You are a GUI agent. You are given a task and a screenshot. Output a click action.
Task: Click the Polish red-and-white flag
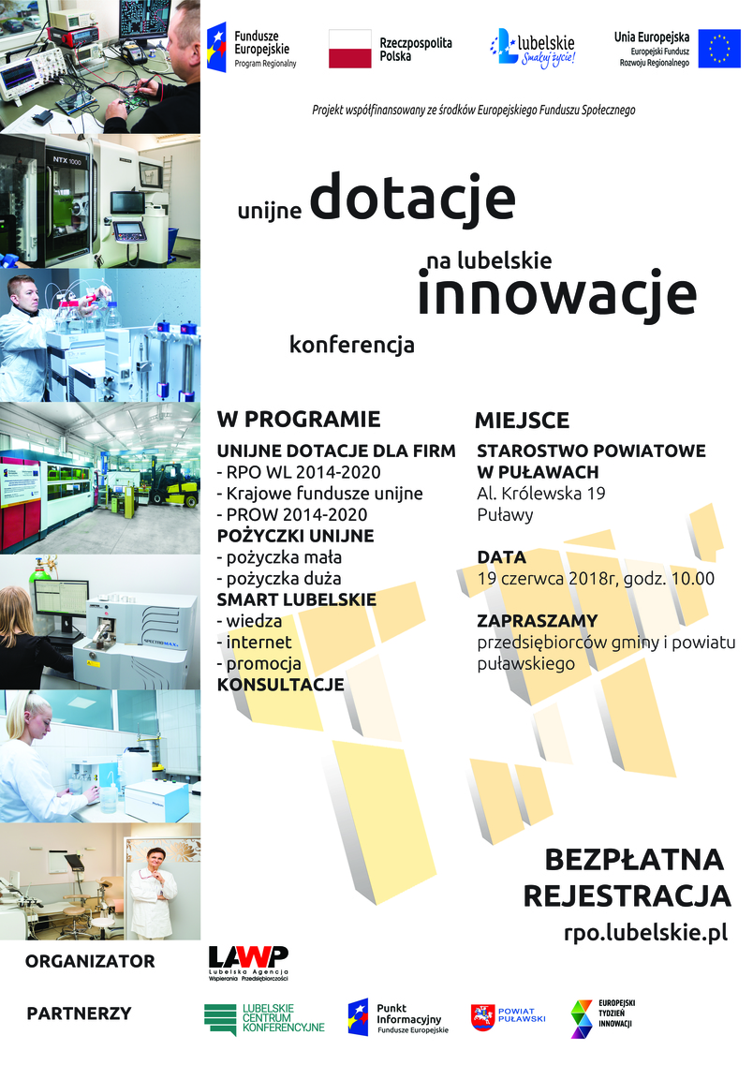[349, 49]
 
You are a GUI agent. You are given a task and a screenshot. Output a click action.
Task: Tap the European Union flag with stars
[719, 49]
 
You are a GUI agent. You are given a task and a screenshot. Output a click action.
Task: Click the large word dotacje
[413, 198]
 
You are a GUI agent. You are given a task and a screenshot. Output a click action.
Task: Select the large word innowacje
[556, 294]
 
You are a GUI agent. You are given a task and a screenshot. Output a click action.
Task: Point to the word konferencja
[352, 345]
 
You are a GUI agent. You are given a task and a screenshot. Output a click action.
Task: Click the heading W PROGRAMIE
[299, 419]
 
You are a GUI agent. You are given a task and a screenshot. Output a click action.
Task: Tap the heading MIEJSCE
[523, 421]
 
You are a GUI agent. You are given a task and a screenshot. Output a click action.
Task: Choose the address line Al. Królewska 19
[541, 493]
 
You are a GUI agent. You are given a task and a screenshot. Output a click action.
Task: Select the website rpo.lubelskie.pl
[645, 933]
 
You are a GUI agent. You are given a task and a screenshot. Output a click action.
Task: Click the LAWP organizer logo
[248, 963]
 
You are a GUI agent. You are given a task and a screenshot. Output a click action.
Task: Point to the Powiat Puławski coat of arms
[482, 1017]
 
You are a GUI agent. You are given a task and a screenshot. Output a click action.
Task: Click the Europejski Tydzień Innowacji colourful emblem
[582, 1019]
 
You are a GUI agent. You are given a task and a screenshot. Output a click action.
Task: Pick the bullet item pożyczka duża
[279, 579]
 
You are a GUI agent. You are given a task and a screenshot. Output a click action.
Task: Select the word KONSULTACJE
[280, 685]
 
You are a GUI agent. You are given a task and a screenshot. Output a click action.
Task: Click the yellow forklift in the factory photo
[174, 484]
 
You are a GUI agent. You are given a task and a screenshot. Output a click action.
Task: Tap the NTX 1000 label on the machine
[67, 160]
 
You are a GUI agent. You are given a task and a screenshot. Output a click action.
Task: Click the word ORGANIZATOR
[90, 961]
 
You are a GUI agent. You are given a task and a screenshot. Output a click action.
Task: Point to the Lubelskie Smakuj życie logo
[533, 49]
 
